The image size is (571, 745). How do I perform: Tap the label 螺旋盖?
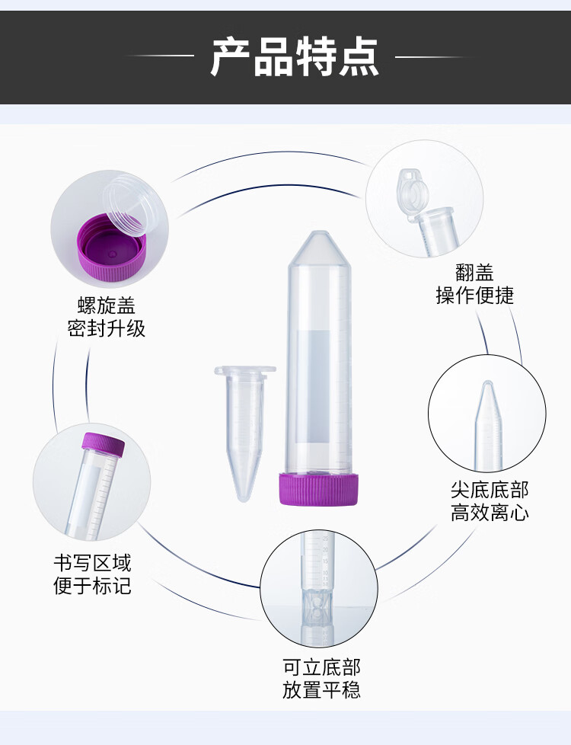[107, 306]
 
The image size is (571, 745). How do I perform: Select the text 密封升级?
[107, 329]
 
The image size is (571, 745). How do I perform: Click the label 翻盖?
[474, 272]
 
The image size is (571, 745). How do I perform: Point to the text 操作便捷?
[474, 296]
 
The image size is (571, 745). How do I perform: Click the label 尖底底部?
[489, 489]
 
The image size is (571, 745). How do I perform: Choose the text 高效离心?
[489, 513]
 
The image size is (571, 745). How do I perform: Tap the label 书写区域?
[92, 563]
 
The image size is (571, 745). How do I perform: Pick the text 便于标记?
[92, 586]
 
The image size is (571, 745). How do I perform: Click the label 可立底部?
[321, 667]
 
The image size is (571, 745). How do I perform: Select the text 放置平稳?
[321, 691]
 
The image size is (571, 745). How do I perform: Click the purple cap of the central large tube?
[318, 488]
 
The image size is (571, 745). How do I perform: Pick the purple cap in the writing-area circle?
[102, 446]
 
